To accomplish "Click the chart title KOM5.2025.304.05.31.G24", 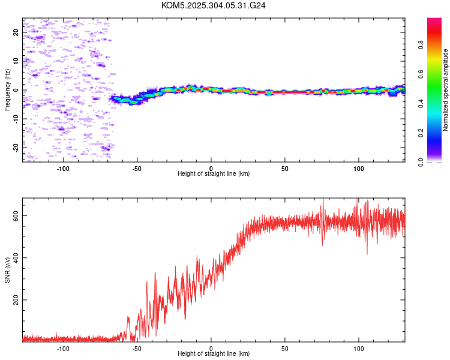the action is click(213, 5).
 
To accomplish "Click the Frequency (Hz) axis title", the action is click(7, 90).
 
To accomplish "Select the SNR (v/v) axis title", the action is click(7, 270).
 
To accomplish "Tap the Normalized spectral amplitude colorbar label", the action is click(445, 90).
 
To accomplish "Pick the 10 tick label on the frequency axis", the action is click(16, 61).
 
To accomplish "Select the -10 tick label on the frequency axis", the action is click(16, 119).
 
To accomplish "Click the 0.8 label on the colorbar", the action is click(421, 45).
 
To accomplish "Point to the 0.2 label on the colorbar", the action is click(421, 133).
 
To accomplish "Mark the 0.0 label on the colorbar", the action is click(421, 162).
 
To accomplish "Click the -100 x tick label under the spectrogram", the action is click(63, 169).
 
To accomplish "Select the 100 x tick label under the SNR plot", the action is click(359, 349).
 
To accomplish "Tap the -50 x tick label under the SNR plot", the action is click(137, 349).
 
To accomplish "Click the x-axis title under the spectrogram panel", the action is click(214, 173).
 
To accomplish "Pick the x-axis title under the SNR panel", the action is click(214, 353).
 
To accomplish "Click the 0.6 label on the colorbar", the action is click(421, 74).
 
